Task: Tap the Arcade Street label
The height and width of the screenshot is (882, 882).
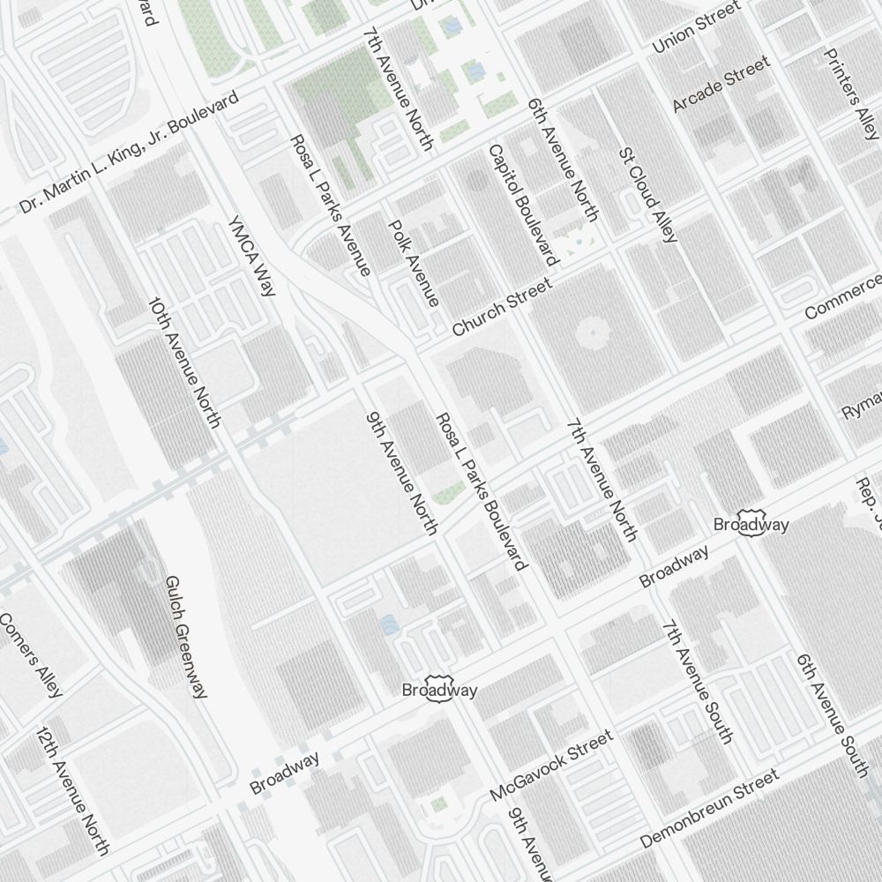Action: [721, 84]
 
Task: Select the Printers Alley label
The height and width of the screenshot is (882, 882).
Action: [851, 93]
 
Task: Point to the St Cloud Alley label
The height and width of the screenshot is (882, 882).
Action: [648, 195]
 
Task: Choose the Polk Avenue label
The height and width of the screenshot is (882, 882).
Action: [414, 263]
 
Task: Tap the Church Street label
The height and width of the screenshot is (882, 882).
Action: [502, 307]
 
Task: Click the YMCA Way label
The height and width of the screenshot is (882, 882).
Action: [252, 256]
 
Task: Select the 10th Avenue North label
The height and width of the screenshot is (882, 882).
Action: [184, 362]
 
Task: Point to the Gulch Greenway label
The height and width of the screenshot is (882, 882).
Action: [187, 637]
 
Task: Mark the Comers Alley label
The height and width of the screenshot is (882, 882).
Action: [31, 654]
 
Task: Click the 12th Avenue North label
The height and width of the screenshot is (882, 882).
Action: [72, 791]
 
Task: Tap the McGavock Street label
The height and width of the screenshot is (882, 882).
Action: [551, 766]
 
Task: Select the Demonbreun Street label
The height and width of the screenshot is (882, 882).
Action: [709, 808]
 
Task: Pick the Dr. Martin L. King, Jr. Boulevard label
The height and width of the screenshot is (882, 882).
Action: [130, 152]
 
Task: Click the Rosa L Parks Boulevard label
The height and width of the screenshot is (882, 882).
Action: [482, 490]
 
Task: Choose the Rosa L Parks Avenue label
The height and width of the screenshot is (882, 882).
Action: [330, 206]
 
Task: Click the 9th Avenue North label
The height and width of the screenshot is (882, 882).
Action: [402, 472]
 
